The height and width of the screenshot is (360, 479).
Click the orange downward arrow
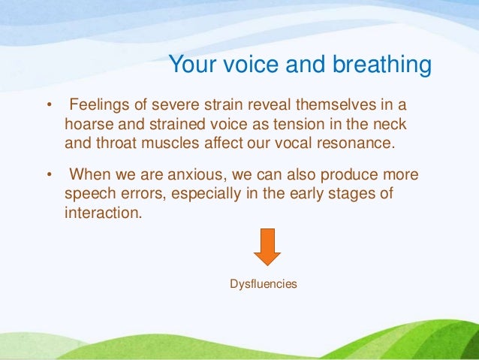(x=267, y=247)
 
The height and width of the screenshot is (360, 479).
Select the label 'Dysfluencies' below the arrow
(x=263, y=284)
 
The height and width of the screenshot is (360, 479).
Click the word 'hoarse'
(x=88, y=122)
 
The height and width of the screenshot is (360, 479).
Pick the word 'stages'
(x=363, y=194)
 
